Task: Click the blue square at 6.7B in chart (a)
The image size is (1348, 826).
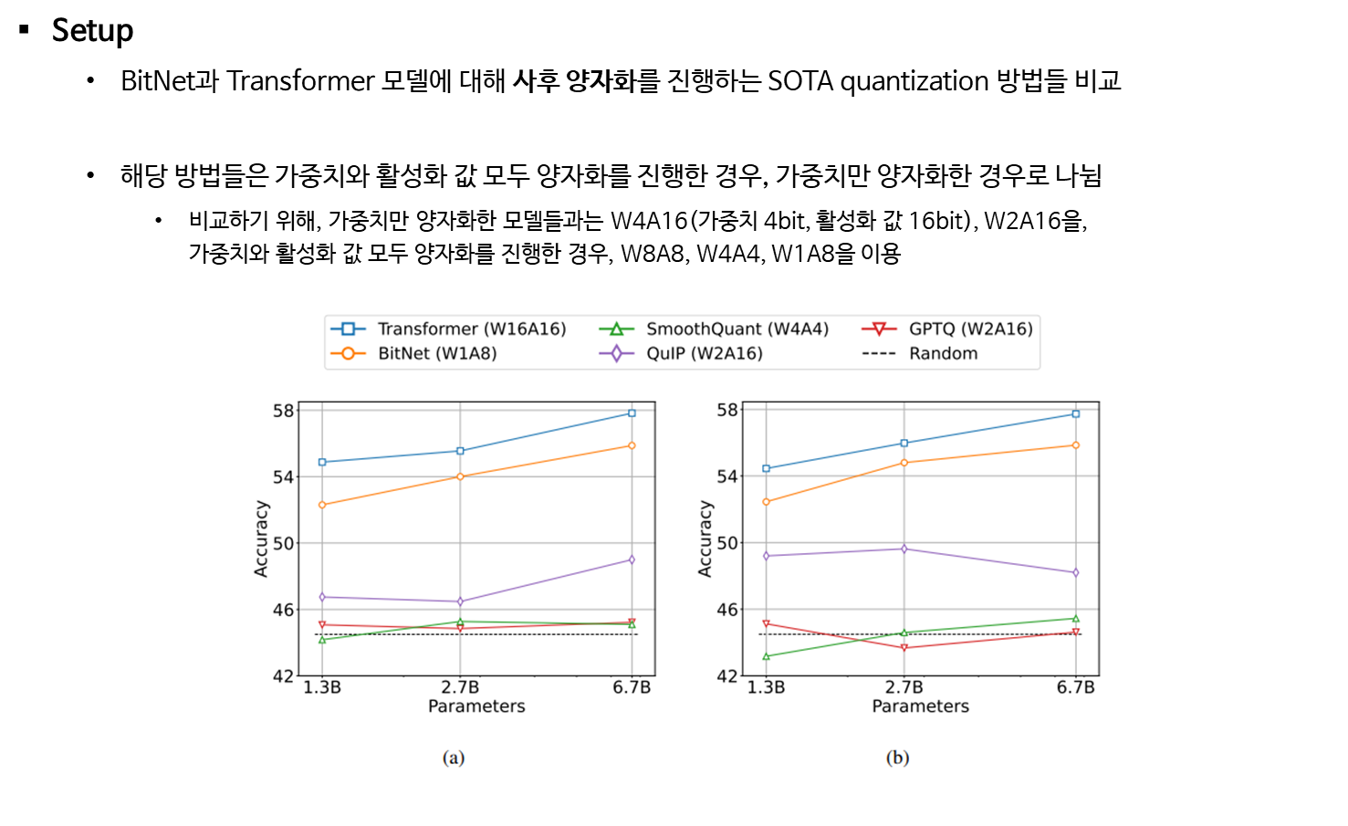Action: tap(632, 413)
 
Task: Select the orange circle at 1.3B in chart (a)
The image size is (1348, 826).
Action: tap(322, 505)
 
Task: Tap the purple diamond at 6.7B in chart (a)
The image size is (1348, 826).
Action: tap(632, 559)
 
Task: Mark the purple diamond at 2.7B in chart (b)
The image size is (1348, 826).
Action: tap(904, 549)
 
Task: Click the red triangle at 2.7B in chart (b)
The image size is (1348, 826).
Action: tap(904, 648)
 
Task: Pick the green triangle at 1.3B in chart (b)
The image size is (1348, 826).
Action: tap(766, 656)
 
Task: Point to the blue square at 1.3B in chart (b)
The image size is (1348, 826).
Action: tap(766, 468)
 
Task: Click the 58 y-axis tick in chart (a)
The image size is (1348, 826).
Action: tap(284, 411)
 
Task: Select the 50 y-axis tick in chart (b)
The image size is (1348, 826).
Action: tap(727, 543)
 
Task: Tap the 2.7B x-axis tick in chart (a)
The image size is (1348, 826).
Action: tap(460, 687)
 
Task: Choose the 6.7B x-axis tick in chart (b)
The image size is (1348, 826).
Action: tap(1075, 687)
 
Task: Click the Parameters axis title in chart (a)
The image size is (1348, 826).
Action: tap(476, 706)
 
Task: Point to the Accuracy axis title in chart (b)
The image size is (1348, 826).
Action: tap(705, 538)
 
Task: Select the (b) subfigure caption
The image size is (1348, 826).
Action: tap(897, 758)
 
